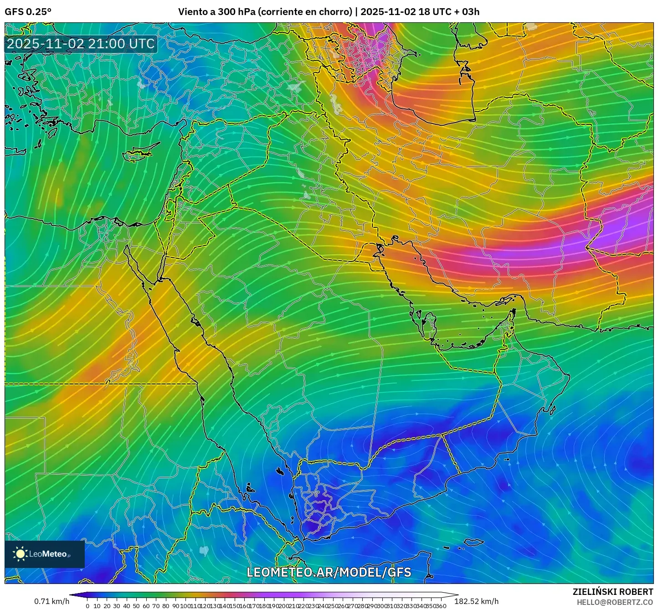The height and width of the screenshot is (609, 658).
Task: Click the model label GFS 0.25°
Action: pyautogui.click(x=28, y=12)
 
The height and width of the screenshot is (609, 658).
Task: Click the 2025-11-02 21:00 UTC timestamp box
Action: pyautogui.click(x=81, y=44)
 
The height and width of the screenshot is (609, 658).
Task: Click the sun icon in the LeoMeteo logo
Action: pyautogui.click(x=21, y=554)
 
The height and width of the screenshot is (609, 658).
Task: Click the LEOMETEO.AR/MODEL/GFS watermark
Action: pyautogui.click(x=329, y=572)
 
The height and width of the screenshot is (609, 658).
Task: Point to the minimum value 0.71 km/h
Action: pyautogui.click(x=51, y=601)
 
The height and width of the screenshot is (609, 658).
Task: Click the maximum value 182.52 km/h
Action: pyautogui.click(x=476, y=601)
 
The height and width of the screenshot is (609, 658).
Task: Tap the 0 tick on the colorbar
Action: pyautogui.click(x=87, y=606)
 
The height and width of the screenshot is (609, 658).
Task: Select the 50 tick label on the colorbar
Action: pyautogui.click(x=136, y=606)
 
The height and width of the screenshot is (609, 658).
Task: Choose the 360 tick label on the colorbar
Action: pyautogui.click(x=441, y=606)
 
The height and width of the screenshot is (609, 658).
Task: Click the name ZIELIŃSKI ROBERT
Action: pyautogui.click(x=612, y=592)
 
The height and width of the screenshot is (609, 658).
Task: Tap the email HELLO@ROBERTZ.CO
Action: pyautogui.click(x=615, y=602)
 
